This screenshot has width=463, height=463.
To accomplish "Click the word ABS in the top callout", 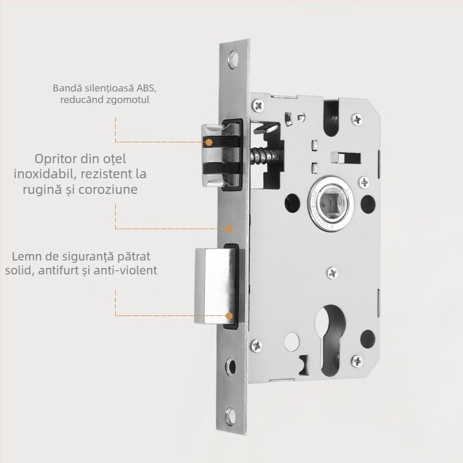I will (146, 89).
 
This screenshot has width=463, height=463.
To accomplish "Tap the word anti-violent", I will (127, 270).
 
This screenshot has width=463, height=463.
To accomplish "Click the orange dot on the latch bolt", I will (210, 141).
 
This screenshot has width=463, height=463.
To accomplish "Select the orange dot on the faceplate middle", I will (229, 229).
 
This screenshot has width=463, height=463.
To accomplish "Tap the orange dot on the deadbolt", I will (230, 316).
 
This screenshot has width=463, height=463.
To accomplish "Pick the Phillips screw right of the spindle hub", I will (363, 183).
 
